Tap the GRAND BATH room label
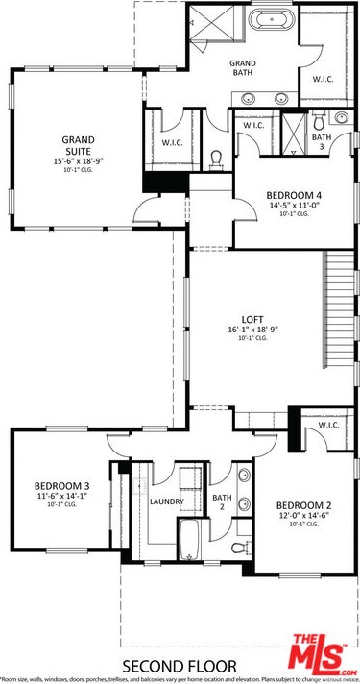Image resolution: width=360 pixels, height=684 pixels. tap(241, 67)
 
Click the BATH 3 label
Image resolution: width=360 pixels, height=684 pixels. tap(321, 141)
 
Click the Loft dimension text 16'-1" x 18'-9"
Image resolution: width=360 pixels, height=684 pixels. tap(252, 330)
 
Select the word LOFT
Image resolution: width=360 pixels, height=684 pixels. tap(252, 320)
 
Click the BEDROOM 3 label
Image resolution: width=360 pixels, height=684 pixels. tap(62, 485)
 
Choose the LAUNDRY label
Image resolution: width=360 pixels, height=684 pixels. tap(166, 501)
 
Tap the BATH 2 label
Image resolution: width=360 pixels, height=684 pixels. tap(219, 501)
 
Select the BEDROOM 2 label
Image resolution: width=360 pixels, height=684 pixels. tap(303, 506)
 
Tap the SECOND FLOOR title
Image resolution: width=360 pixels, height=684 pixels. tap(180, 665)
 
